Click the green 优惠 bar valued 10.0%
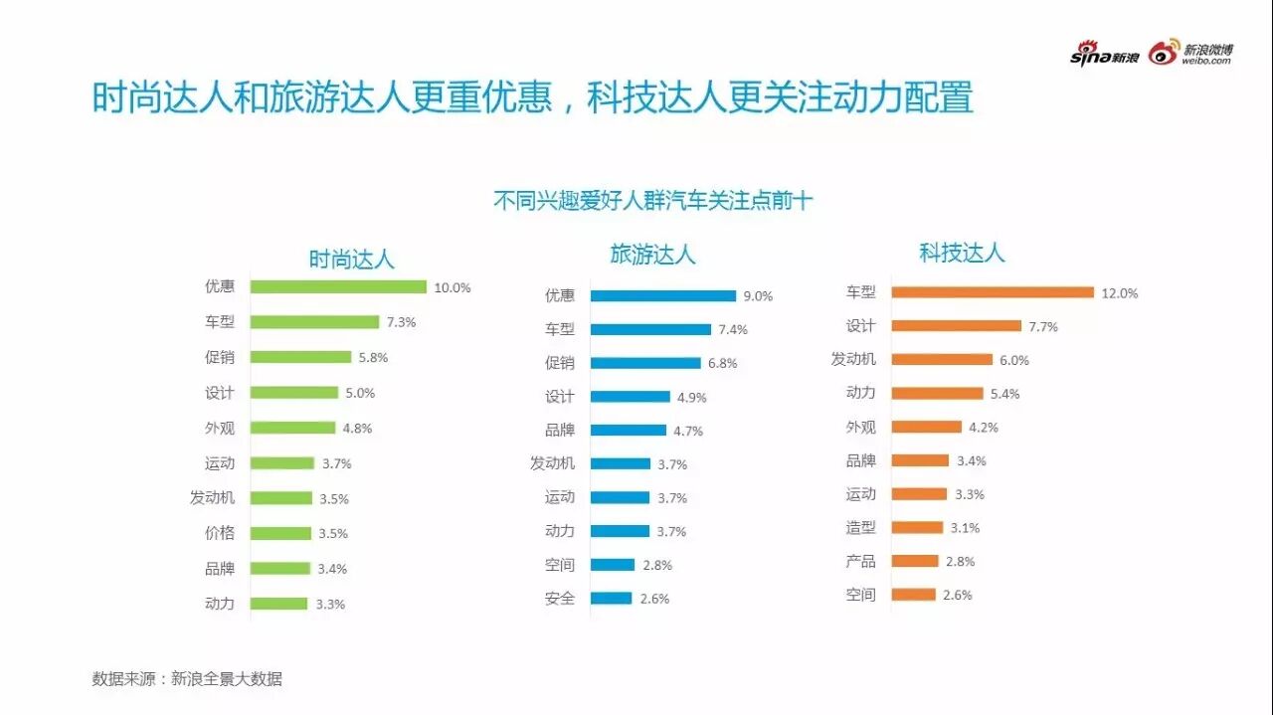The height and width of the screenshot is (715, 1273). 338,287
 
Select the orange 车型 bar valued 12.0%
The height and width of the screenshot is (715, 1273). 993,292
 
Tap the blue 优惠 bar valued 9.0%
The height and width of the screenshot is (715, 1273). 662,295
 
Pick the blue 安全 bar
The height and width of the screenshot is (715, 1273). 611,599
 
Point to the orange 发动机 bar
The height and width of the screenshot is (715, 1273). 942,360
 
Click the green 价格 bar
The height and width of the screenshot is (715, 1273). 280,533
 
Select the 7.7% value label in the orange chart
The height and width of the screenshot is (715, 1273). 1043,326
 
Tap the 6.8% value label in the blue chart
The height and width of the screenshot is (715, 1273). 722,363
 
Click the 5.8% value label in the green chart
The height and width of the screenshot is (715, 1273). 373,357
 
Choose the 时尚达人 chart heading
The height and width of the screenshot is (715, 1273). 351,261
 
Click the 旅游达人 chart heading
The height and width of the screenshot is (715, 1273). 652,255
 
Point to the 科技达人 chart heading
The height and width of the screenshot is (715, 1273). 962,253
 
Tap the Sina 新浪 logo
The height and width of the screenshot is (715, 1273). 1104,56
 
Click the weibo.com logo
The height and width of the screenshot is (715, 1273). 1190,54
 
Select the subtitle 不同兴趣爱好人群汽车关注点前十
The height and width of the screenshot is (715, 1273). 653,201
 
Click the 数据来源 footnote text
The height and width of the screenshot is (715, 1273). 187,679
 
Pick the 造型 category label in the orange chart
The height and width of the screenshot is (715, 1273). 861,527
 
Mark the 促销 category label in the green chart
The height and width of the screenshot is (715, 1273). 220,357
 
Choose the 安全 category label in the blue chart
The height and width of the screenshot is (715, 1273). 560,599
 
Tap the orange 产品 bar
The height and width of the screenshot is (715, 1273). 915,561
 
